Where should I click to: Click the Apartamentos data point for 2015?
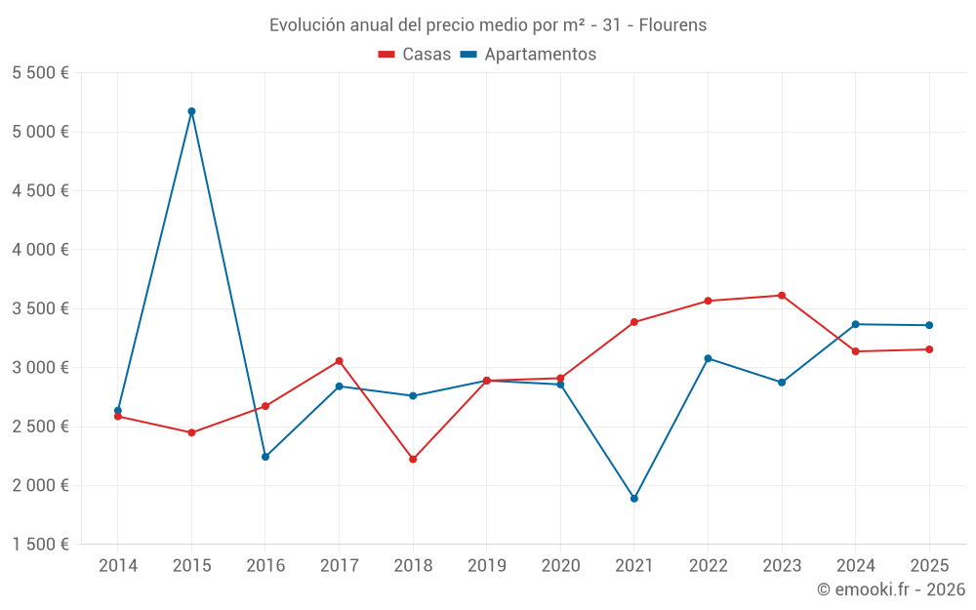[191, 111]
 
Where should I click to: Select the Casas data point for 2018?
[413, 459]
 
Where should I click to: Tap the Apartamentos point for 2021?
[634, 499]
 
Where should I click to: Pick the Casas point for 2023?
[782, 296]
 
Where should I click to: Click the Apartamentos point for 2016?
[265, 457]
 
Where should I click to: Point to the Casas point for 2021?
[634, 322]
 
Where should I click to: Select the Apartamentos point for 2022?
[708, 358]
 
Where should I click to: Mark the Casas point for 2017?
[340, 361]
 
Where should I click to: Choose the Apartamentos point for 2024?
[856, 324]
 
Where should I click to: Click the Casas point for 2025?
[929, 349]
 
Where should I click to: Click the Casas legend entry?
[415, 55]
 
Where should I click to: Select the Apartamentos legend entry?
[528, 55]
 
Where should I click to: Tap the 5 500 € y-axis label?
[40, 73]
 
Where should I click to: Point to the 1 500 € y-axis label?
[40, 545]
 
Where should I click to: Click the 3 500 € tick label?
[40, 308]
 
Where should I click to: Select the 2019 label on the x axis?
[487, 565]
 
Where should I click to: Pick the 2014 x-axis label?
[118, 565]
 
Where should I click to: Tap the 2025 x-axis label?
[929, 565]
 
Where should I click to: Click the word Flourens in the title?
[672, 25]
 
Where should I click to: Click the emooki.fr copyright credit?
[891, 590]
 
